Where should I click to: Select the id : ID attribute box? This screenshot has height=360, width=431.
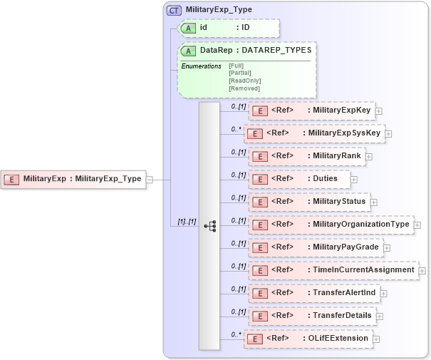tap(229, 28)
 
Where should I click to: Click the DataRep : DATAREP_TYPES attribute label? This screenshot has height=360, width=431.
tap(246, 51)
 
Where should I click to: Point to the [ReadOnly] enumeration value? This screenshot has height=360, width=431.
tap(244, 81)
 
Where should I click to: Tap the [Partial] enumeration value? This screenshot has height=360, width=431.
tap(239, 73)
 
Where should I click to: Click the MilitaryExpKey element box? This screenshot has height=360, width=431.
tap(311, 110)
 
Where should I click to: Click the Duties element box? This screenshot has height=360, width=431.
tap(299, 179)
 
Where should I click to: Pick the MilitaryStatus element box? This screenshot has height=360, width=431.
tap(308, 202)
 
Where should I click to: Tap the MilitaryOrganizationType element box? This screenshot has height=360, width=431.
tap(331, 225)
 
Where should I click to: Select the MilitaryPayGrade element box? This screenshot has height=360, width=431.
tap(316, 247)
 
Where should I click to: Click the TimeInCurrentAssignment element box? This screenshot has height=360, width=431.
tap(333, 270)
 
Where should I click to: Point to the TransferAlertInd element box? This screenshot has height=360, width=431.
tap(313, 293)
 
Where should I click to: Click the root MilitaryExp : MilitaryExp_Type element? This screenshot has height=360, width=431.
tap(74, 179)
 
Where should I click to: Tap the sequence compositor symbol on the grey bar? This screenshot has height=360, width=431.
tap(209, 225)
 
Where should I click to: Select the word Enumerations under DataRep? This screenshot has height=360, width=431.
tap(201, 66)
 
